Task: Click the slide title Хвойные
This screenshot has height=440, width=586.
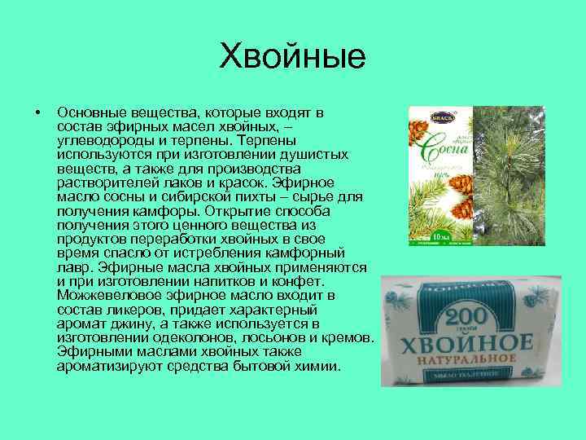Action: tap(294, 58)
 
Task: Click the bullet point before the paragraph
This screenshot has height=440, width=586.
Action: tap(30, 111)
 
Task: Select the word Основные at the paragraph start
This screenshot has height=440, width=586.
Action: tap(89, 111)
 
